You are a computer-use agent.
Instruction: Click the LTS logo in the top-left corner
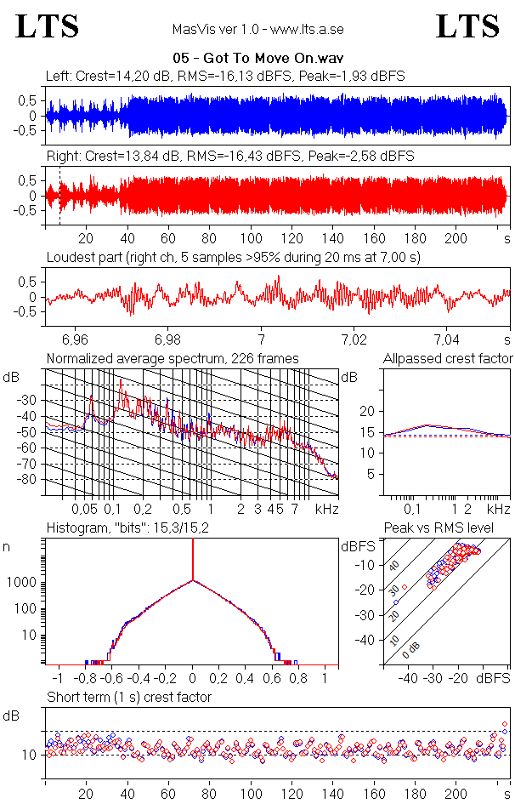[48, 26]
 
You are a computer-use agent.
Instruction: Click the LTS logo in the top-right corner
[467, 26]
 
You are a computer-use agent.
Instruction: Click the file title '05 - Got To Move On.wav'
[257, 59]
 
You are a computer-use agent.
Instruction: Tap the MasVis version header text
[257, 29]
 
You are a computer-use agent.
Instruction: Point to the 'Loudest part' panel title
[234, 256]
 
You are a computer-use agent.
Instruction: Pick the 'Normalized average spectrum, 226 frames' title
[173, 358]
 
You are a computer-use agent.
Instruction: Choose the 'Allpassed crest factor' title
[448, 358]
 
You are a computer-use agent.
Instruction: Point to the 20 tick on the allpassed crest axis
[367, 411]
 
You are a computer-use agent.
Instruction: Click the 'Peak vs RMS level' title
[439, 527]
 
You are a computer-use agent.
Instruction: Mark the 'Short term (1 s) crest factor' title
[129, 697]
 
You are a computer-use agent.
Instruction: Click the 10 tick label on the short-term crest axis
[27, 755]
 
